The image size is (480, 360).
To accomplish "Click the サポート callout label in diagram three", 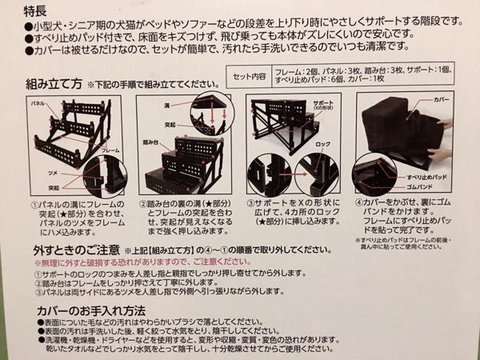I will pos(322,106).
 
